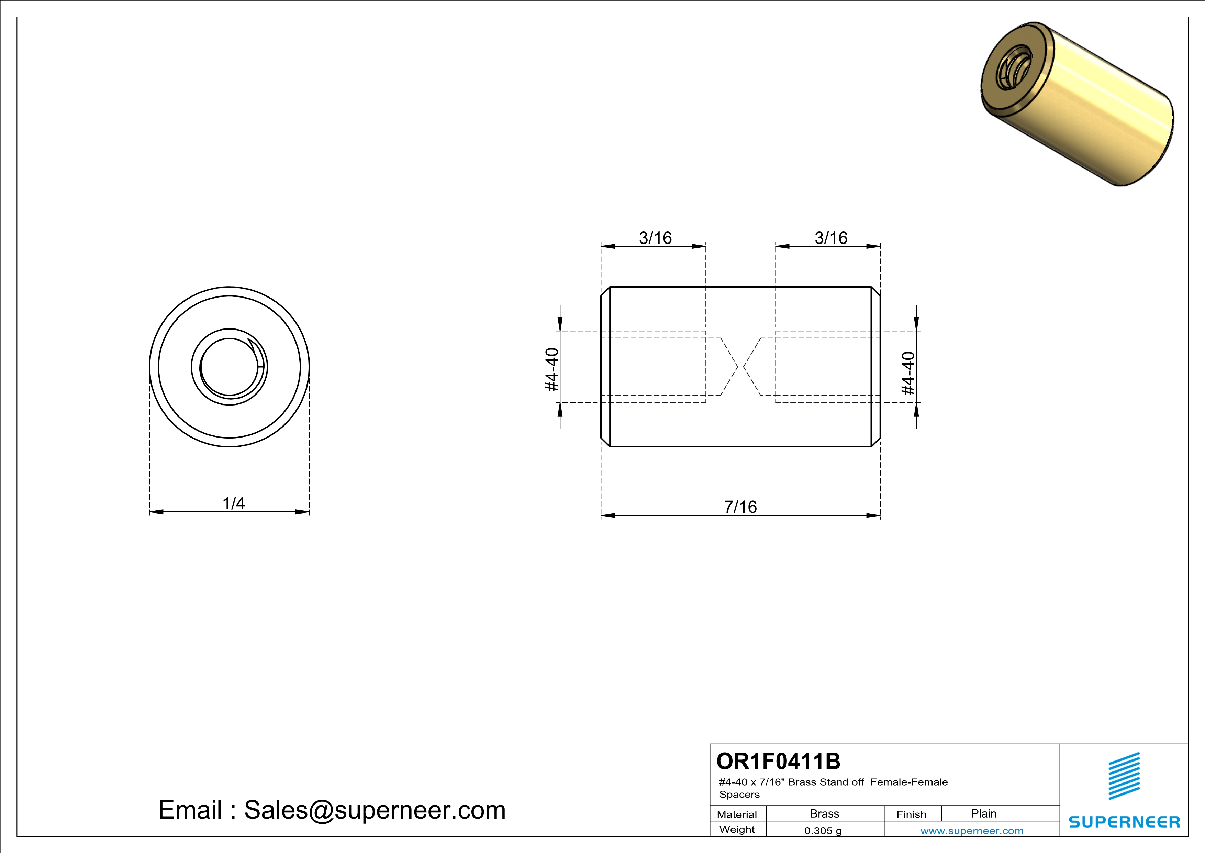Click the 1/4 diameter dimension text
click(234, 503)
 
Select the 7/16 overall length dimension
click(740, 507)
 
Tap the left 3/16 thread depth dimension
click(655, 238)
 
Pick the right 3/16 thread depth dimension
click(831, 238)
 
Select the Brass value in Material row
click(825, 813)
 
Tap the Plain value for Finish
click(983, 813)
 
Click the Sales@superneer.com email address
click(375, 810)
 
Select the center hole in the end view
click(229, 367)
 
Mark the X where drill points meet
click(740, 367)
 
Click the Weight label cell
click(737, 829)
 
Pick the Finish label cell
click(911, 814)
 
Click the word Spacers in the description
click(739, 794)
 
